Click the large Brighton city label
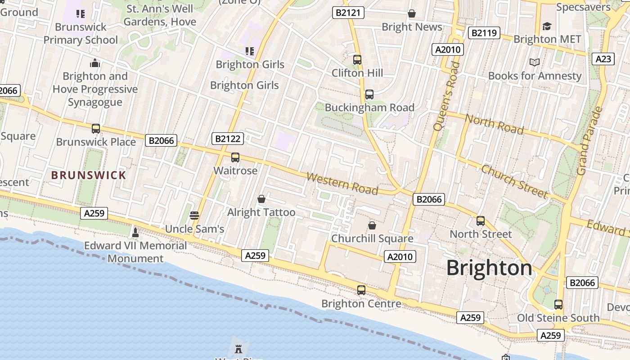click(x=489, y=268)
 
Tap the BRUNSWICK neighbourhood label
click(x=89, y=175)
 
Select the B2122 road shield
click(x=227, y=139)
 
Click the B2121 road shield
click(x=349, y=13)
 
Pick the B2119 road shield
click(x=484, y=33)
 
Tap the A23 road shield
click(x=603, y=59)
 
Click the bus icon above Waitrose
click(x=235, y=157)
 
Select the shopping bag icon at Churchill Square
click(x=372, y=225)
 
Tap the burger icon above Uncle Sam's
click(x=194, y=216)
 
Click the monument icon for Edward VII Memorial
click(x=135, y=232)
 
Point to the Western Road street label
click(x=342, y=183)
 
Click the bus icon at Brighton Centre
click(x=361, y=290)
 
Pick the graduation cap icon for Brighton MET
click(x=547, y=26)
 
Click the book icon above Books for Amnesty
click(x=535, y=63)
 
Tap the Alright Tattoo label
click(x=261, y=212)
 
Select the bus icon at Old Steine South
click(x=558, y=305)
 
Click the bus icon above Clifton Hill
click(x=357, y=59)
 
